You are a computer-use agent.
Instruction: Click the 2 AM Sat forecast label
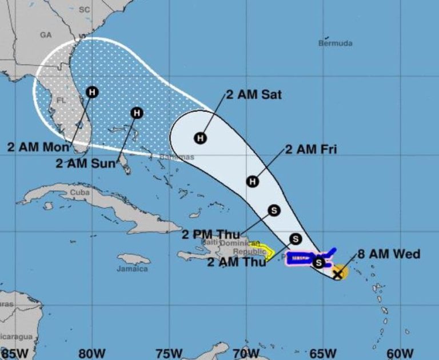pos(254,95)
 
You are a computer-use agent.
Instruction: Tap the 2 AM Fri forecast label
pos(311,150)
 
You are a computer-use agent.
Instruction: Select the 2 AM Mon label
pos(38,147)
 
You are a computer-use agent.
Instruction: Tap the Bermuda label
pos(336,43)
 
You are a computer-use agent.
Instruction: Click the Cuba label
pos(79,193)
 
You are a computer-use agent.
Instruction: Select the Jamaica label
pos(132,268)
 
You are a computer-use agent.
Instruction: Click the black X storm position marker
pos(338,273)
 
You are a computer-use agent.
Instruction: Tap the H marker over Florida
pos(92,91)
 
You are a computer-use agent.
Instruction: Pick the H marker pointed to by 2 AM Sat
pos(200,138)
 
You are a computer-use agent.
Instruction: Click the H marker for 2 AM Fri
pos(253,182)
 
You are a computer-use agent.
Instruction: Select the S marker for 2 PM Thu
pos(274,210)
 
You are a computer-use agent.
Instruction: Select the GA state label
pos(46,35)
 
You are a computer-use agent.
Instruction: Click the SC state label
pos(85,10)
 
